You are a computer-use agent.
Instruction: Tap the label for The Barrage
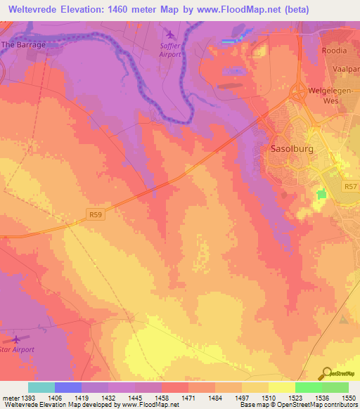[24, 44]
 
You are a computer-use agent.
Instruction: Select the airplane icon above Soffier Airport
[169, 34]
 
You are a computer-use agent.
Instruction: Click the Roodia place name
[335, 51]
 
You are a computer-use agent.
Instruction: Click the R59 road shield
[96, 213]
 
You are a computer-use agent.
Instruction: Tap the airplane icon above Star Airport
[15, 339]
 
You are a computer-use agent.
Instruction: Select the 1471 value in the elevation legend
[188, 398]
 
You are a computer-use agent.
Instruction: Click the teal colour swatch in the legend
[41, 387]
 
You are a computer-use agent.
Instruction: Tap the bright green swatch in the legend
[308, 387]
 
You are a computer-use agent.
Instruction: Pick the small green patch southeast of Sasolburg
[322, 194]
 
